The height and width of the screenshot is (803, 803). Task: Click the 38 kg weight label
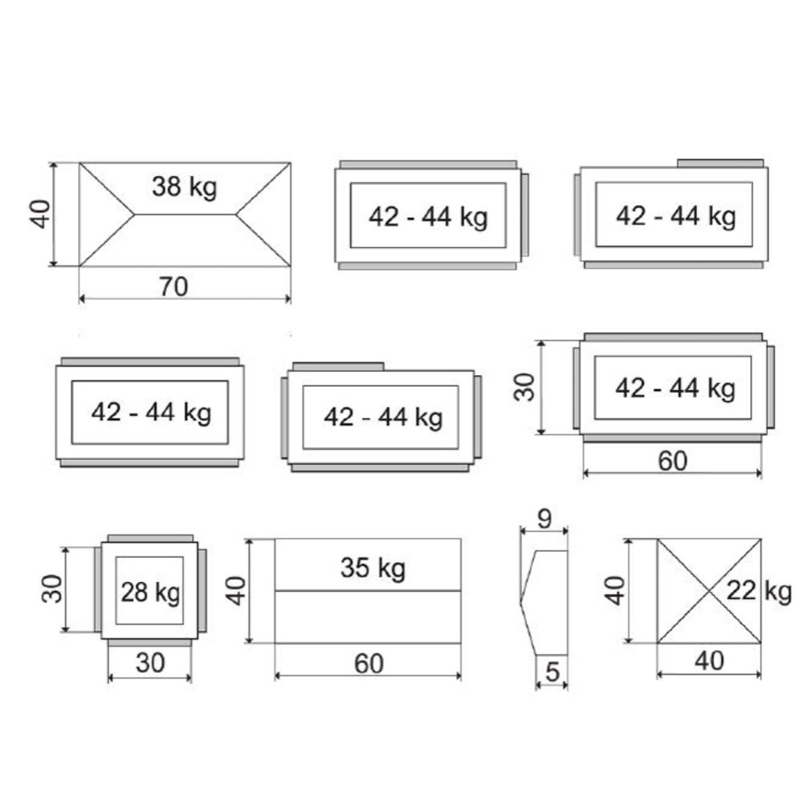point(185,187)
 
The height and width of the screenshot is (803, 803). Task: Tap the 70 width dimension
point(173,287)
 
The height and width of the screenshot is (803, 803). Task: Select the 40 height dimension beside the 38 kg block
point(40,214)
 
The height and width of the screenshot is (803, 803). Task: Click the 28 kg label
point(151,593)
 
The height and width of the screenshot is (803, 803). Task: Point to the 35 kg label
point(373,568)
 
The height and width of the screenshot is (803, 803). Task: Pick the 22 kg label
point(759,592)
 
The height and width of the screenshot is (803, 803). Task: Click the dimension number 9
point(544,519)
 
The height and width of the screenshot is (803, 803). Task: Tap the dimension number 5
point(552,672)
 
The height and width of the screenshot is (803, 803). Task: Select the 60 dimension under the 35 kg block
point(369,664)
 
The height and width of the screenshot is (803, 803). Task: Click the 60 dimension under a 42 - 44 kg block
point(672,461)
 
